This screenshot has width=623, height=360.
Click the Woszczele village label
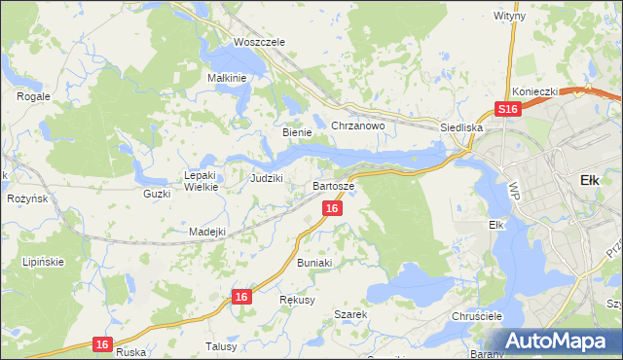coord(259,43)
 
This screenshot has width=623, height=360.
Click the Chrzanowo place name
coord(359,126)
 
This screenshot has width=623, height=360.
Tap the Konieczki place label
coord(534,91)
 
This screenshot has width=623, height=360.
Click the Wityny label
coord(509,17)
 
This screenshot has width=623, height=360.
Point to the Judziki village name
coord(266,178)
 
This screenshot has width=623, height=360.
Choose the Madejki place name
coord(207,232)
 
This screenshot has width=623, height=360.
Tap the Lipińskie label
coord(43,263)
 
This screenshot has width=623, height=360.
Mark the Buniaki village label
coord(314,263)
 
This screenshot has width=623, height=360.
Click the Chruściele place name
coord(476,317)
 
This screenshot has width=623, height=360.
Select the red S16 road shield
coord(505,111)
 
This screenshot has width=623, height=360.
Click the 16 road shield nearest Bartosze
coord(333,209)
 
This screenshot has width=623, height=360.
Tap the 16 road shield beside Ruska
coord(102,343)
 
